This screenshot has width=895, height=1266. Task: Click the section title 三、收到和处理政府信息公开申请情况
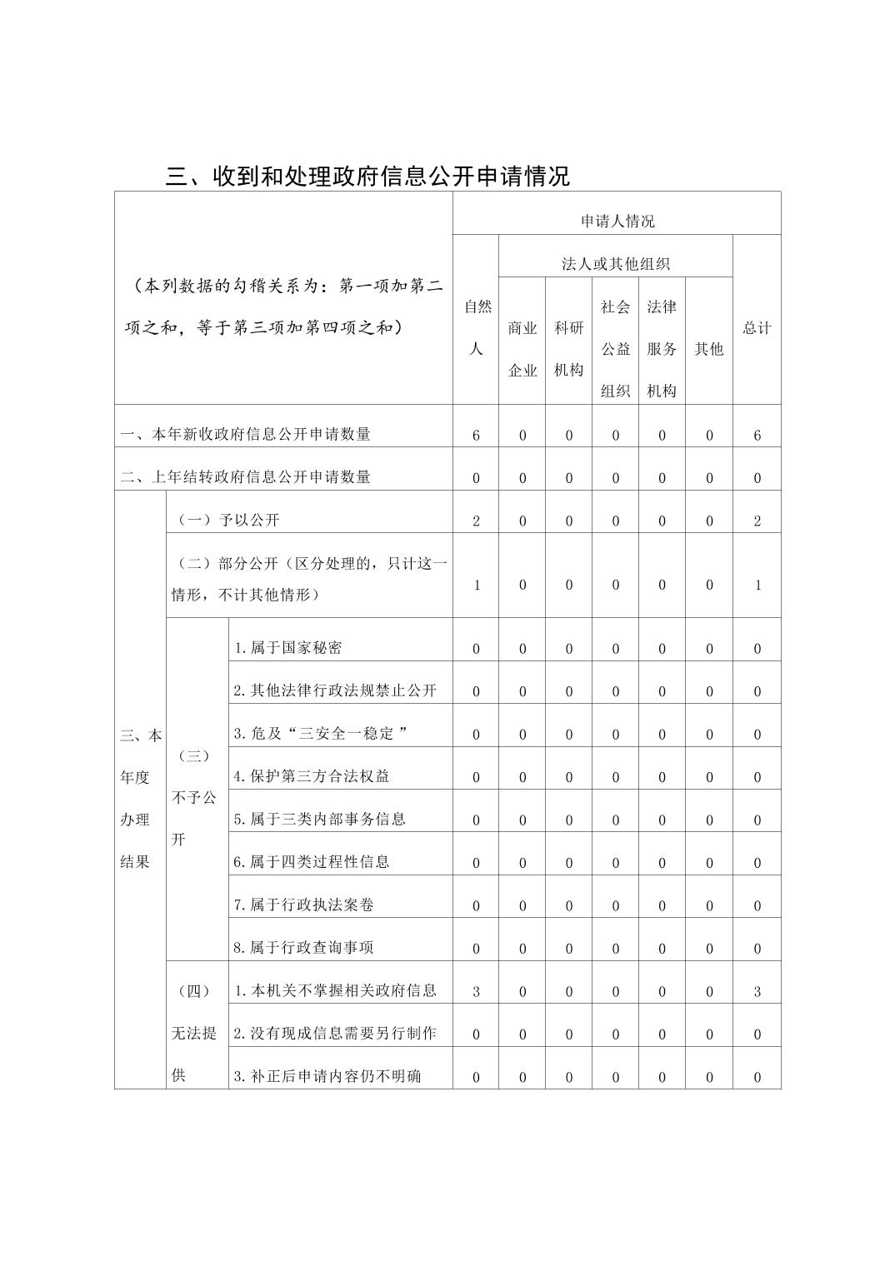pyautogui.click(x=367, y=176)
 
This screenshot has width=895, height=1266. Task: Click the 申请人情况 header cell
pyautogui.click(x=617, y=221)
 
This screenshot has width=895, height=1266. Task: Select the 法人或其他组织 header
pyautogui.click(x=615, y=264)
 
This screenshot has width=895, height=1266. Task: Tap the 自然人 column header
pyautogui.click(x=477, y=327)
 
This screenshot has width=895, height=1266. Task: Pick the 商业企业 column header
pyautogui.click(x=522, y=349)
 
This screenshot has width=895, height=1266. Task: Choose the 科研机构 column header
pyautogui.click(x=568, y=349)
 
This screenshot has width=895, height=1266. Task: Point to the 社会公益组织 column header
pyautogui.click(x=615, y=348)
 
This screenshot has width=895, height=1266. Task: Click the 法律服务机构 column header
pyautogui.click(x=662, y=348)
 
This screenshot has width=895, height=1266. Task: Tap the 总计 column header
pyautogui.click(x=757, y=327)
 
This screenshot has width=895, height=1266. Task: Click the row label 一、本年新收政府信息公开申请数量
pyautogui.click(x=246, y=434)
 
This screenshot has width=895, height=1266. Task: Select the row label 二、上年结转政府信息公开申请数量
pyautogui.click(x=246, y=477)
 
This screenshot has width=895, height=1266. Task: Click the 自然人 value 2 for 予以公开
pyautogui.click(x=477, y=521)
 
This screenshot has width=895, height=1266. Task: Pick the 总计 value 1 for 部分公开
pyautogui.click(x=757, y=585)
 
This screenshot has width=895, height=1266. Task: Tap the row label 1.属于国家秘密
pyautogui.click(x=287, y=648)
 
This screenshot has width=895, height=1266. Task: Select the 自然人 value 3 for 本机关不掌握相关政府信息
pyautogui.click(x=477, y=991)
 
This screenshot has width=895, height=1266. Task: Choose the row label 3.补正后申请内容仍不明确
pyautogui.click(x=327, y=1076)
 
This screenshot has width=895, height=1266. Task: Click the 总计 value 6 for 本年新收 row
pyautogui.click(x=757, y=435)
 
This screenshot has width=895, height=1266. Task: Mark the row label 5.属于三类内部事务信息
pyautogui.click(x=319, y=819)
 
